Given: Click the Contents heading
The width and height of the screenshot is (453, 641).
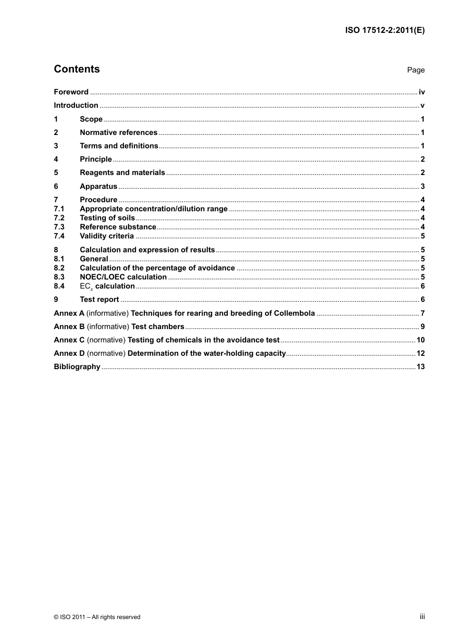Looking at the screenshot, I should pyautogui.click(x=77, y=69).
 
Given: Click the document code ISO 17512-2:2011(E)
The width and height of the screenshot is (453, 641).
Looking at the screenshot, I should pyautogui.click(x=385, y=30).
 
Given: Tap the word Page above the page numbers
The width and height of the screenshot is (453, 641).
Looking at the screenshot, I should pyautogui.click(x=415, y=70).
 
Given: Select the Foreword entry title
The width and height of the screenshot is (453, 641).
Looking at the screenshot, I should pyautogui.click(x=71, y=92).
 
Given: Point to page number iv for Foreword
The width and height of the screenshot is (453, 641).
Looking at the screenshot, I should pyautogui.click(x=422, y=92).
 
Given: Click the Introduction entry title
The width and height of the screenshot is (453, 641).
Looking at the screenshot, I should pyautogui.click(x=76, y=105).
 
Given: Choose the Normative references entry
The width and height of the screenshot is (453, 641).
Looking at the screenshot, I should pyautogui.click(x=118, y=133).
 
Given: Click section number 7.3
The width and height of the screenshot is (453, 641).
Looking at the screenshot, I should pyautogui.click(x=59, y=227).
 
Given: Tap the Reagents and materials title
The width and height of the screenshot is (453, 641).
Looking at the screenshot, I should pyautogui.click(x=122, y=173).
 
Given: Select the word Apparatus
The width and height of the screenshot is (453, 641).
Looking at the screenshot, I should pyautogui.click(x=98, y=186).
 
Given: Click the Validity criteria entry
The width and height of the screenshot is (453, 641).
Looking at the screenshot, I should pyautogui.click(x=107, y=236).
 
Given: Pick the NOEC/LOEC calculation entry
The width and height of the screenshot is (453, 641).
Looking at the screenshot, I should pyautogui.click(x=123, y=277).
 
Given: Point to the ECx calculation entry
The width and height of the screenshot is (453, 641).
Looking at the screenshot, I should pyautogui.click(x=107, y=286).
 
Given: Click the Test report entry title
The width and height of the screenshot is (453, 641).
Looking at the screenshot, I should pyautogui.click(x=99, y=300).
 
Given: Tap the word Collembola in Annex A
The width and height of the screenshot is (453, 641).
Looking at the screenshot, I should pyautogui.click(x=294, y=313).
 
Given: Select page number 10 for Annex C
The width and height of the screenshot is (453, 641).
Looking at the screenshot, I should pyautogui.click(x=420, y=340).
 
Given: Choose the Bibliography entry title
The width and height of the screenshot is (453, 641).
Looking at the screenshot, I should pyautogui.click(x=77, y=367).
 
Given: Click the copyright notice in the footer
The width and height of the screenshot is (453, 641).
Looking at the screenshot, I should pyautogui.click(x=97, y=617).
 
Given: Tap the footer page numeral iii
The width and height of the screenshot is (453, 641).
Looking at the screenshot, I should pyautogui.click(x=422, y=617).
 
